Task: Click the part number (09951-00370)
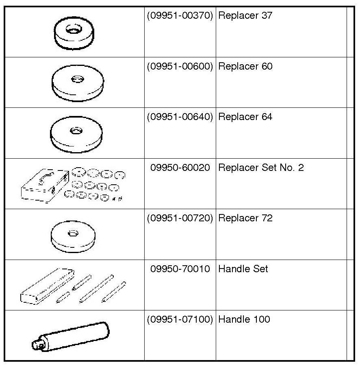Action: coord(180,16)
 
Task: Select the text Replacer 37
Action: coord(245,16)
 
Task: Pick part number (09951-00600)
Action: coord(180,67)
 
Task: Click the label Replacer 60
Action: coord(245,67)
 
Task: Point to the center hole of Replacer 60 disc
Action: coord(76,79)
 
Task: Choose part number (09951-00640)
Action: coord(180,117)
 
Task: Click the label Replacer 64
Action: coord(245,117)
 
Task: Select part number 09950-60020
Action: coord(180,168)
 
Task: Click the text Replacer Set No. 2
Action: coord(261,168)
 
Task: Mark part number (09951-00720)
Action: coord(180,218)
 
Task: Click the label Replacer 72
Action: coord(245,218)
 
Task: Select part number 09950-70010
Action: coord(180,269)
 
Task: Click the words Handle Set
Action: coord(243,269)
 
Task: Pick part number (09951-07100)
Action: coord(180,319)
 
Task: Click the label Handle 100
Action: coord(244,319)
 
